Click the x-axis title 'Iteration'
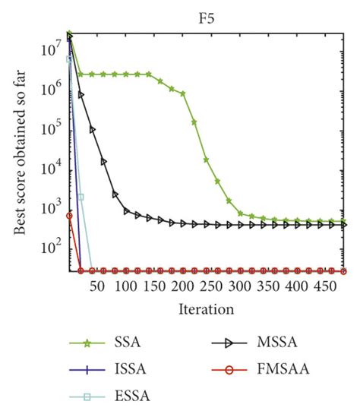pyautogui.click(x=206, y=309)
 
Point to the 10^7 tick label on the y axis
pyautogui.click(x=49, y=49)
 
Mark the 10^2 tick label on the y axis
pyautogui.click(x=49, y=247)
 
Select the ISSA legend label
pyautogui.click(x=128, y=370)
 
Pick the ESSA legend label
pyautogui.click(x=128, y=396)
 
